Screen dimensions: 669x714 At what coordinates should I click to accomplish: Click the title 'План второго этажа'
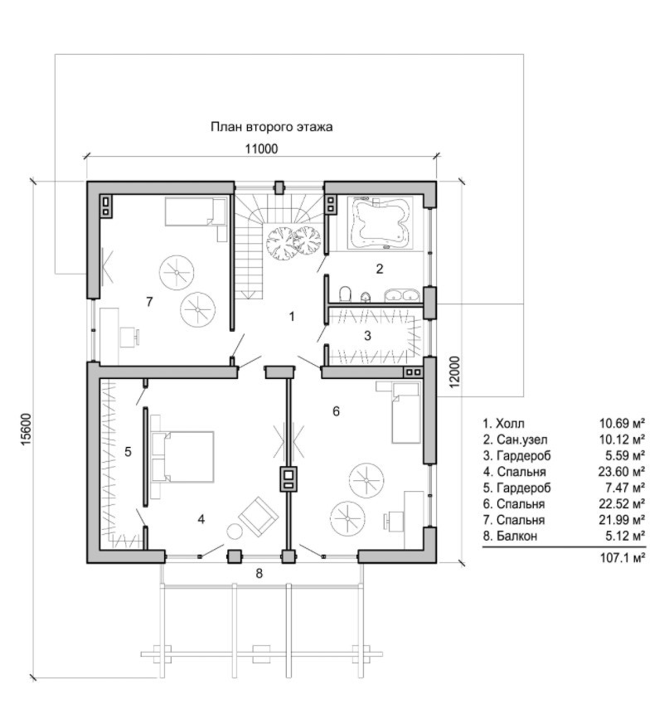271,127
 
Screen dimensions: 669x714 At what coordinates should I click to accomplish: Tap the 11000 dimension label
261,149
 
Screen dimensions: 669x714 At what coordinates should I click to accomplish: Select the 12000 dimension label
455,372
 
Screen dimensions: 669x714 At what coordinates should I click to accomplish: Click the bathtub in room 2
381,223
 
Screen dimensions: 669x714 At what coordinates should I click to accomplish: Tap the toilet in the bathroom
346,294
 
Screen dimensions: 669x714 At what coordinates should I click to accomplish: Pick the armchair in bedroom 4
258,517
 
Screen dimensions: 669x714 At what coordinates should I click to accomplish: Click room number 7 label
149,302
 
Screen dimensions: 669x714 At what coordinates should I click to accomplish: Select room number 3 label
367,336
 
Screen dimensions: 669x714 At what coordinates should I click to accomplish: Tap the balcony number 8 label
259,573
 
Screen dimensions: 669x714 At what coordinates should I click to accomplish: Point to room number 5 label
128,452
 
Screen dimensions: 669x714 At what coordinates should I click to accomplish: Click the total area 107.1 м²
623,557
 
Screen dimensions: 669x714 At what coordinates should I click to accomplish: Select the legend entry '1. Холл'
504,424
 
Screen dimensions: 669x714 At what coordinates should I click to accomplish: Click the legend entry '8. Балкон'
510,536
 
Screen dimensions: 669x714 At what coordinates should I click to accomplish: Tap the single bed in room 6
406,412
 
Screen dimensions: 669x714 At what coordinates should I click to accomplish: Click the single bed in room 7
196,211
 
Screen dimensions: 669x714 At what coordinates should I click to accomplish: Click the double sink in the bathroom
402,295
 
